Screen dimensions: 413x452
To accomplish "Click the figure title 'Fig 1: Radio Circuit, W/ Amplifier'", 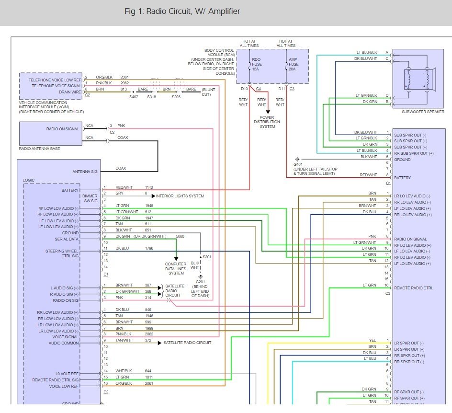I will point(182,11).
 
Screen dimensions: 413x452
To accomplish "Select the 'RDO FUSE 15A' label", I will point(256,65).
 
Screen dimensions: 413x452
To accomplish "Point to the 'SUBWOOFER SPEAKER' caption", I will point(423,112).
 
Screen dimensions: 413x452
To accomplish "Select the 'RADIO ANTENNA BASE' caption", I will point(40,149).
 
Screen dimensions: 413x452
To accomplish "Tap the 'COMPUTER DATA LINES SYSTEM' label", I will point(176,269).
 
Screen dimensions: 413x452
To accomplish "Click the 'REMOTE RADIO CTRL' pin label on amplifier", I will point(413,288).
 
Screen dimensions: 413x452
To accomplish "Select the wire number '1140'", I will point(149,187).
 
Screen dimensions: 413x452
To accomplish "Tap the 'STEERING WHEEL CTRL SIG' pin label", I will point(62,253).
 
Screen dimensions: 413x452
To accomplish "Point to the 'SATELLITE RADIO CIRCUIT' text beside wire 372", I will point(188,343).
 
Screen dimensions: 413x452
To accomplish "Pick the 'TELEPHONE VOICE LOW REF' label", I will point(55,80).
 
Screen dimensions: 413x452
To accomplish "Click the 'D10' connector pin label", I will point(245,89).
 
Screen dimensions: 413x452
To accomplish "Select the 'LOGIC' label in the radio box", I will point(29,180).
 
